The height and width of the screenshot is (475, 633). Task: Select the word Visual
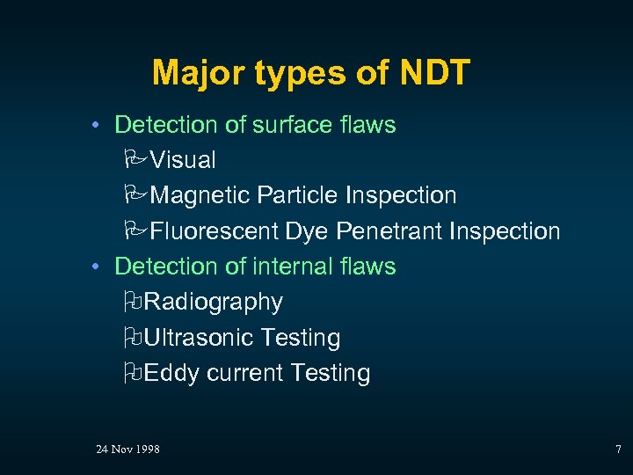(183, 160)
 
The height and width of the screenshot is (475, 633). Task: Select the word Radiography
(213, 302)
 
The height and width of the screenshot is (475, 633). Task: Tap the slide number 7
(618, 449)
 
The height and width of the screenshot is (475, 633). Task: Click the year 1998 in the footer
(148, 449)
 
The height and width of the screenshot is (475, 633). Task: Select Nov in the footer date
(121, 449)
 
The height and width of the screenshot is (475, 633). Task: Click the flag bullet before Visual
(135, 160)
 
